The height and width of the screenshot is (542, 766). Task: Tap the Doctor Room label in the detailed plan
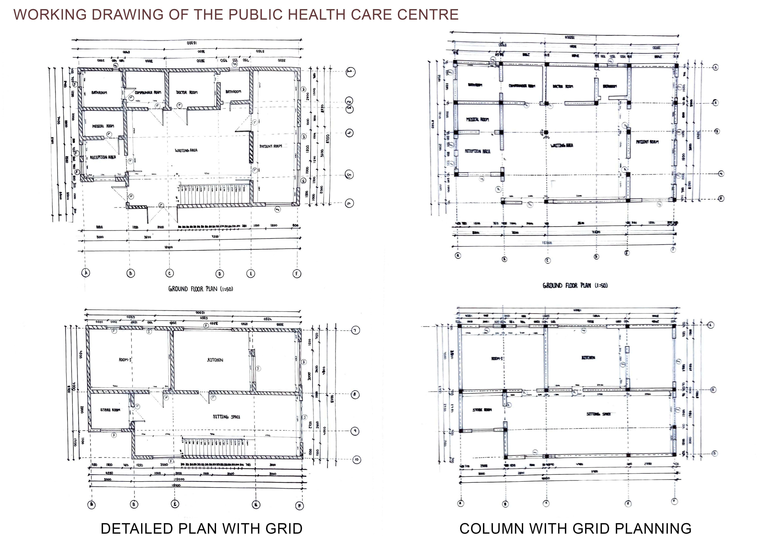tap(187, 92)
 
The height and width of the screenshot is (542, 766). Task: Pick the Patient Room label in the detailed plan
tap(271, 146)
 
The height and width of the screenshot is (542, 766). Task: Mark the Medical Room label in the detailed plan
tap(103, 126)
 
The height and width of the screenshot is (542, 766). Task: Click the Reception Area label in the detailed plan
tap(103, 157)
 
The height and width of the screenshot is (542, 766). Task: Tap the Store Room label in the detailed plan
tap(110, 410)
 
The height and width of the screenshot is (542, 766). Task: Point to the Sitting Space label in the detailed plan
tap(227, 417)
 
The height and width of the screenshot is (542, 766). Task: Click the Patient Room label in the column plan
tap(647, 142)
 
